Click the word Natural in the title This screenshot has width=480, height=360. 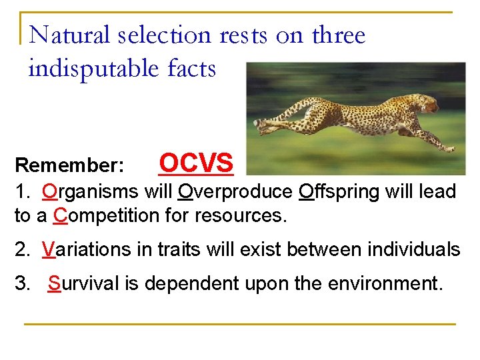(x=69, y=35)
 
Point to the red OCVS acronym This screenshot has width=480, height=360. (x=197, y=163)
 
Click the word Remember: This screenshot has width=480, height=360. (x=69, y=165)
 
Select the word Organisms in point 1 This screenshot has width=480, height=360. (x=89, y=192)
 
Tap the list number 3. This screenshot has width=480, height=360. (x=22, y=283)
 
